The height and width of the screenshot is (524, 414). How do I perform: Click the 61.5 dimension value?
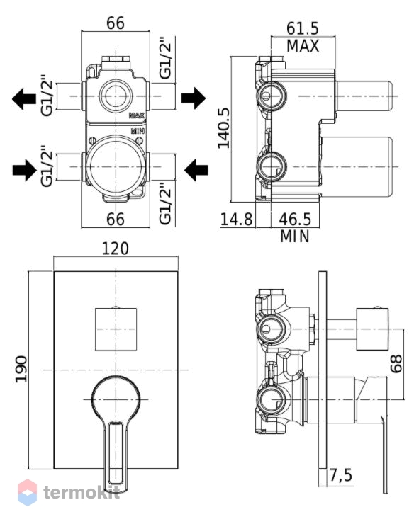(x=302, y=29)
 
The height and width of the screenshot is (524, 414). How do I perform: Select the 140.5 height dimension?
(x=224, y=128)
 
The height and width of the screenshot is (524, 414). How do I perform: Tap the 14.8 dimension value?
(x=236, y=220)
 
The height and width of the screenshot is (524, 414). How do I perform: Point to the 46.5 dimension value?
(x=295, y=220)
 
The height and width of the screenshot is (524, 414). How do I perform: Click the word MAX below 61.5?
(x=303, y=46)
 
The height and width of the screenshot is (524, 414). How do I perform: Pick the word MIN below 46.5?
(x=294, y=237)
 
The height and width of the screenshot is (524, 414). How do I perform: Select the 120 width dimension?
(x=115, y=249)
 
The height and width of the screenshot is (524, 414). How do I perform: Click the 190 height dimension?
(x=22, y=369)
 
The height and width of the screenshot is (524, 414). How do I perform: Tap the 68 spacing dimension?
(x=396, y=364)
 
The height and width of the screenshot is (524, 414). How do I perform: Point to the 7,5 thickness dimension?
(x=341, y=475)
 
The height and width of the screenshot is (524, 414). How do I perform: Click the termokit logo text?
(x=82, y=492)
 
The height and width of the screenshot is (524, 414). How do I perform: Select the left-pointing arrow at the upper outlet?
(x=24, y=99)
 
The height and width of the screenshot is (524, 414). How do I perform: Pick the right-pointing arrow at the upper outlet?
(x=194, y=98)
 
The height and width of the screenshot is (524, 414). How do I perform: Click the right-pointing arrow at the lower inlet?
(x=24, y=170)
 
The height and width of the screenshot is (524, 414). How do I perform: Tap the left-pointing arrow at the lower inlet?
(x=196, y=170)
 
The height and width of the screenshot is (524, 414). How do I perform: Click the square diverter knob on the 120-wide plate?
(x=116, y=329)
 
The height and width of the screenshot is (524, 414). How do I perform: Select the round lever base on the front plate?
(x=116, y=399)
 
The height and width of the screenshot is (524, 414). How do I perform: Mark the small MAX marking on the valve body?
(x=137, y=115)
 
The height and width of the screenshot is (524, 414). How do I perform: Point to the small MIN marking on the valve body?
(x=138, y=131)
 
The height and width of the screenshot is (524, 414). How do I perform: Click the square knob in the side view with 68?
(x=372, y=329)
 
